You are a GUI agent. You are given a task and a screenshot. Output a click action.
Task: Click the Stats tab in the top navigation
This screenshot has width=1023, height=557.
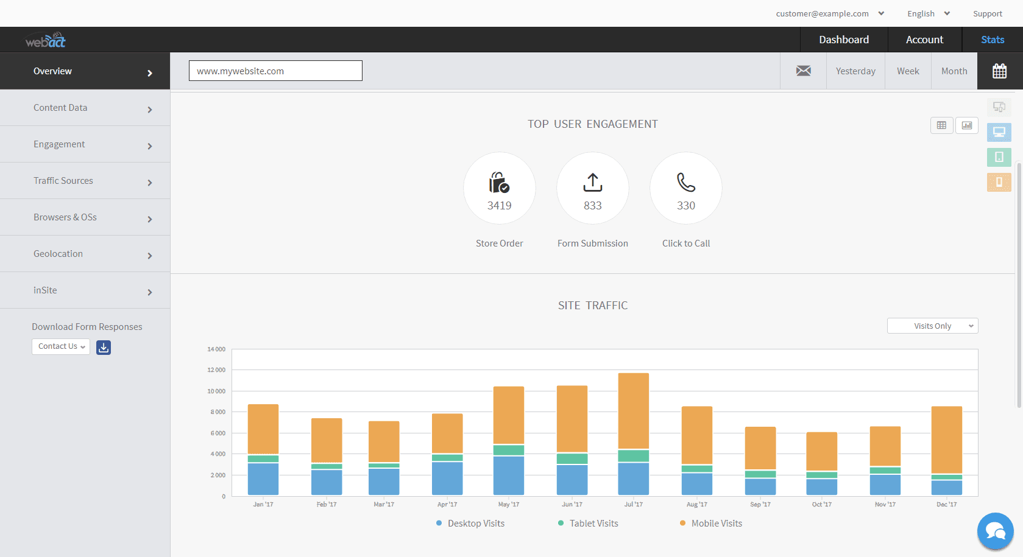click(x=992, y=40)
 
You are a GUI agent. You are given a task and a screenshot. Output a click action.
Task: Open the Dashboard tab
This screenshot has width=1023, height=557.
click(x=844, y=40)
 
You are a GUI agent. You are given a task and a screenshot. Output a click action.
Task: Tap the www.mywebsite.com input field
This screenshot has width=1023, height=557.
click(x=275, y=71)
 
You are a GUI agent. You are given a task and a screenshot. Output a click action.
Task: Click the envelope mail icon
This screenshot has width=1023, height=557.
click(x=804, y=71)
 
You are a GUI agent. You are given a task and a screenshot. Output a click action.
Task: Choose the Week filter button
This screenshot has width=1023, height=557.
click(x=908, y=71)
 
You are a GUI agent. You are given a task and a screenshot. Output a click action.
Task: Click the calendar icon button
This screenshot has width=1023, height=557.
click(x=999, y=71)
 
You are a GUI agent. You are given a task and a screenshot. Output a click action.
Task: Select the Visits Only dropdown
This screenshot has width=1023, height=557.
click(x=932, y=326)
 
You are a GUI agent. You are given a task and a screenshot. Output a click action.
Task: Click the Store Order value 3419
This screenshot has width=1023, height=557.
click(x=500, y=206)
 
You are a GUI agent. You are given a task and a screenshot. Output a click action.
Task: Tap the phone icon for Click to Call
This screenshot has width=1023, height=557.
click(x=686, y=182)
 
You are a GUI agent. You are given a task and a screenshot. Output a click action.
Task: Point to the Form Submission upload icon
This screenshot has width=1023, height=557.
click(x=593, y=182)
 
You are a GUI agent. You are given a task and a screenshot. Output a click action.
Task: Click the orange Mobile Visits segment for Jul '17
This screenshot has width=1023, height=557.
click(x=634, y=411)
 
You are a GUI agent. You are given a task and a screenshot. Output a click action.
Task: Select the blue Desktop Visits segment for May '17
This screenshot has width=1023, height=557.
click(x=509, y=475)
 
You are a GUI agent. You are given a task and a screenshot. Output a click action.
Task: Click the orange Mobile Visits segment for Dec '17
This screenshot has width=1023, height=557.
click(x=947, y=440)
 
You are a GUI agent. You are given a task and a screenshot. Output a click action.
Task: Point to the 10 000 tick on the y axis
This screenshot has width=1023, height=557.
click(x=216, y=391)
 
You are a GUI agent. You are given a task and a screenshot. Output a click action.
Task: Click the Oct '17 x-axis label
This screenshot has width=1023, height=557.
click(x=821, y=505)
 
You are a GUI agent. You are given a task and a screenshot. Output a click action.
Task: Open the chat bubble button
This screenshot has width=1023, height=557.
click(x=995, y=531)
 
